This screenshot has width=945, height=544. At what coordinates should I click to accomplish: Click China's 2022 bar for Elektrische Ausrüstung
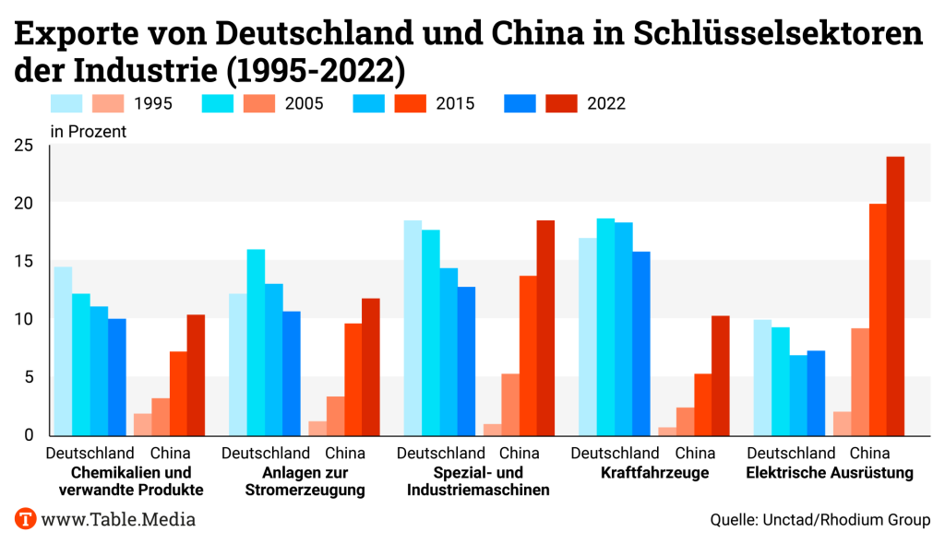click(x=895, y=295)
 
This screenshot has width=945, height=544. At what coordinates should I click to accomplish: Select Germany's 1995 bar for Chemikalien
click(x=63, y=350)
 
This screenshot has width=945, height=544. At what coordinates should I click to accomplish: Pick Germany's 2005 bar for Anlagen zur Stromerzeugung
click(x=256, y=341)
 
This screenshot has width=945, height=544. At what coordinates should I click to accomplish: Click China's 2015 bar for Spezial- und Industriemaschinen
click(x=528, y=355)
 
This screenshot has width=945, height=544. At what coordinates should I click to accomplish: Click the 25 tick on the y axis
click(x=23, y=145)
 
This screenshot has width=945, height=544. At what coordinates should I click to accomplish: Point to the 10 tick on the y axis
click(x=23, y=319)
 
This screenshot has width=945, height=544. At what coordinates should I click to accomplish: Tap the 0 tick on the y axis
click(x=29, y=435)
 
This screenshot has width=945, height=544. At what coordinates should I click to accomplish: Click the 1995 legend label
click(x=153, y=103)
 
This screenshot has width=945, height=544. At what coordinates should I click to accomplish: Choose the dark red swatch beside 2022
click(x=561, y=103)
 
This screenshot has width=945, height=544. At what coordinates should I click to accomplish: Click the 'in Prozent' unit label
click(x=89, y=131)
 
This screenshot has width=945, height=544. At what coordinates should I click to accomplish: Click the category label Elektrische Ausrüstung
click(x=830, y=474)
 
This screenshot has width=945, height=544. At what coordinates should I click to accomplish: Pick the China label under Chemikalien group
click(x=170, y=454)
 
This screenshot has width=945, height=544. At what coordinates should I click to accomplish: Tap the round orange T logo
click(x=26, y=519)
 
